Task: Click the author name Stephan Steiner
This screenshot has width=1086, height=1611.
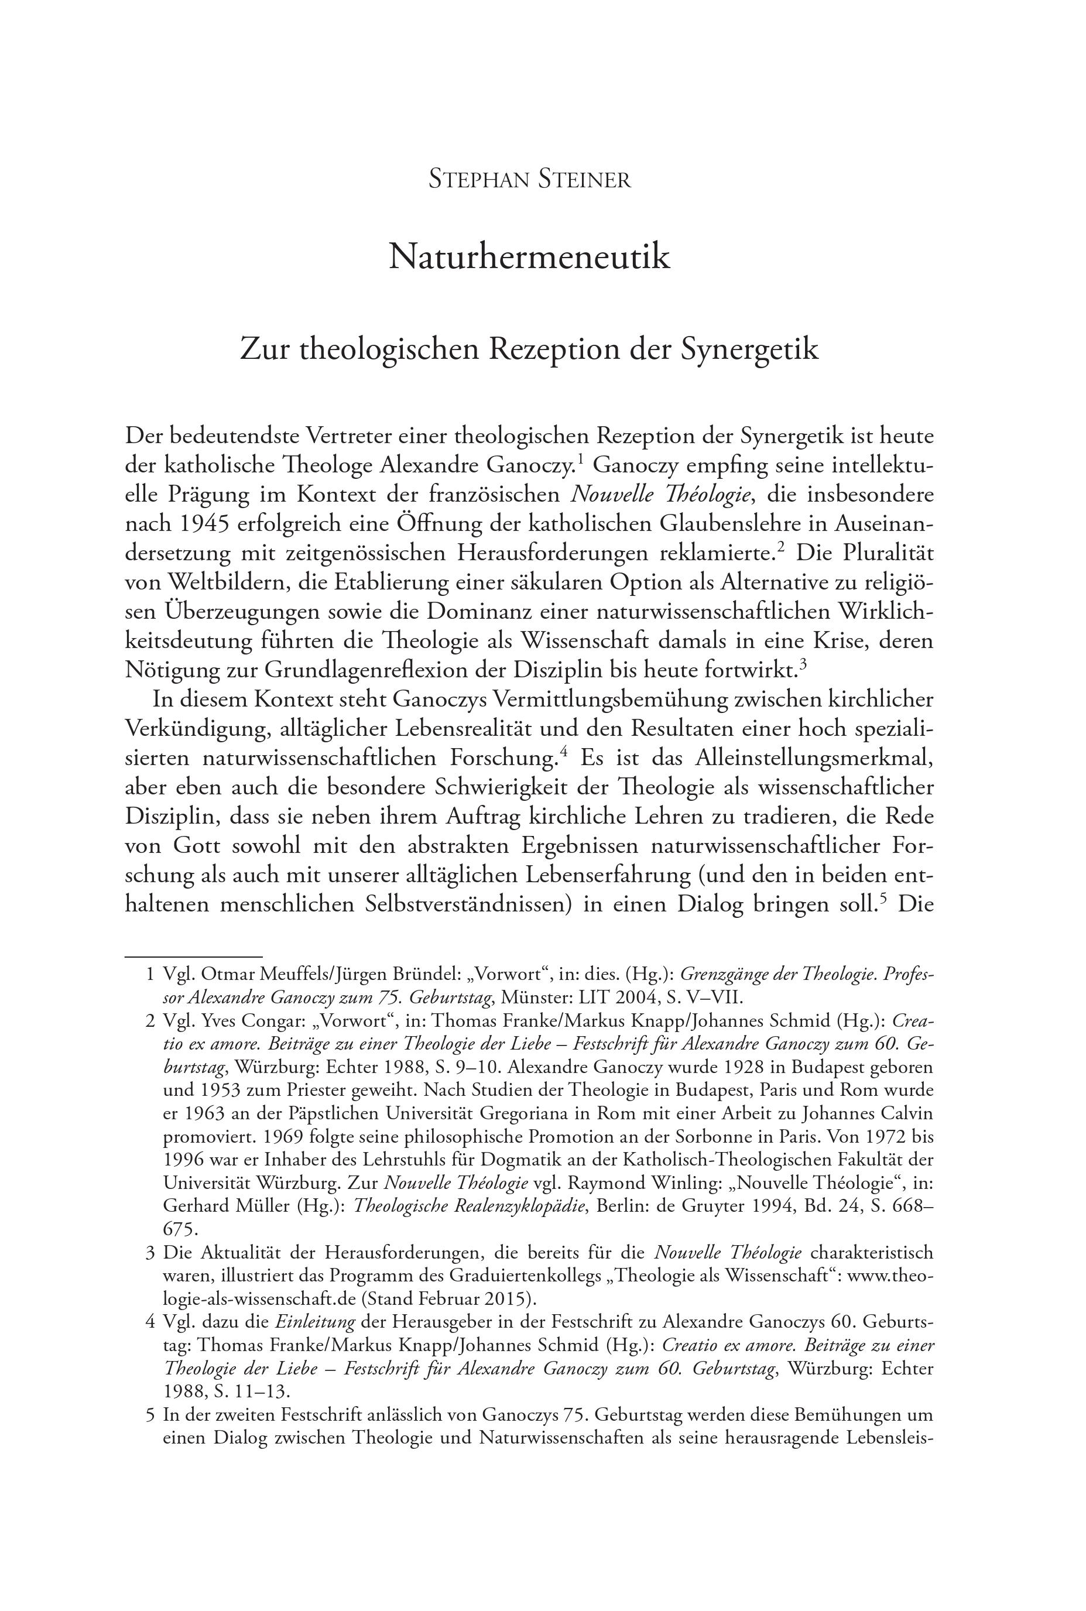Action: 530,180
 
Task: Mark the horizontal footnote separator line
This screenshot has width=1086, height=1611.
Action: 193,956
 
